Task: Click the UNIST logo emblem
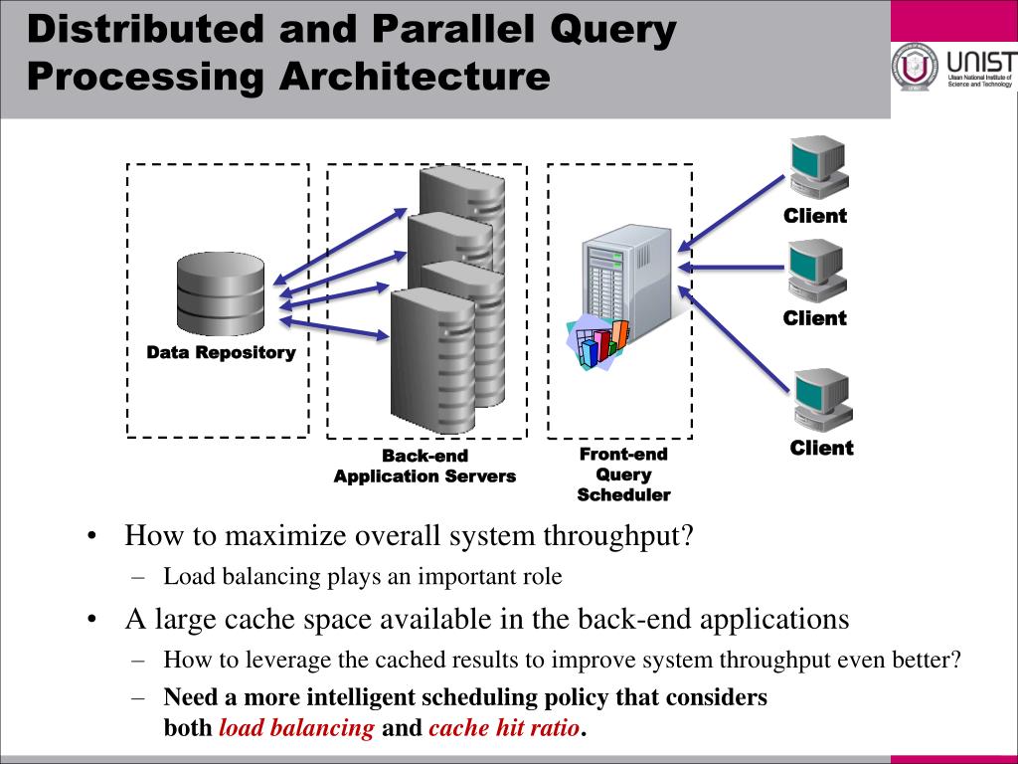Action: [915, 68]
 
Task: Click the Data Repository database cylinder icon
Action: [221, 293]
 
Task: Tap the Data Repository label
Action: [221, 352]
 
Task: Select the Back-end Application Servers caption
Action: [424, 467]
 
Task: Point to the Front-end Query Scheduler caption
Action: [623, 475]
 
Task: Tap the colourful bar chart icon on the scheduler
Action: [597, 339]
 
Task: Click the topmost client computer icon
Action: [817, 165]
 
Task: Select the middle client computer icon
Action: [817, 270]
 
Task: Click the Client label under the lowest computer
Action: [821, 449]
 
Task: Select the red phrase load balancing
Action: [296, 728]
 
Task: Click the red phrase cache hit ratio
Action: [504, 728]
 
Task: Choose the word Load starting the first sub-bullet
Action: [187, 576]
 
